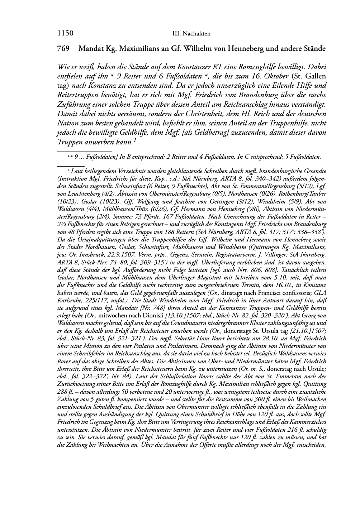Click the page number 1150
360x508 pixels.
point(65,33)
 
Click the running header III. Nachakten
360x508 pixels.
point(191,34)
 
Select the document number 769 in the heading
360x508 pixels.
point(63,48)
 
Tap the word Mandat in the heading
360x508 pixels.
point(90,48)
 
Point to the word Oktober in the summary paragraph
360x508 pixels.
point(275,76)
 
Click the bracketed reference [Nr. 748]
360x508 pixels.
point(141,308)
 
